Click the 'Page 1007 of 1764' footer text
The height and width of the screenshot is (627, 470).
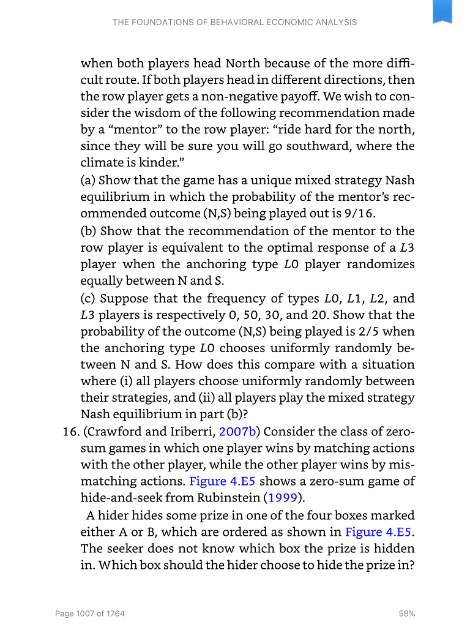tap(89, 613)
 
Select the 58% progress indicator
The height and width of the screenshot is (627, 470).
tap(406, 613)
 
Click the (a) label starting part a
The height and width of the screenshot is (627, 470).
tap(88, 181)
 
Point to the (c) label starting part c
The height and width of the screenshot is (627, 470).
tap(88, 299)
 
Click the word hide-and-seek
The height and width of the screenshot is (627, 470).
tap(117, 497)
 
